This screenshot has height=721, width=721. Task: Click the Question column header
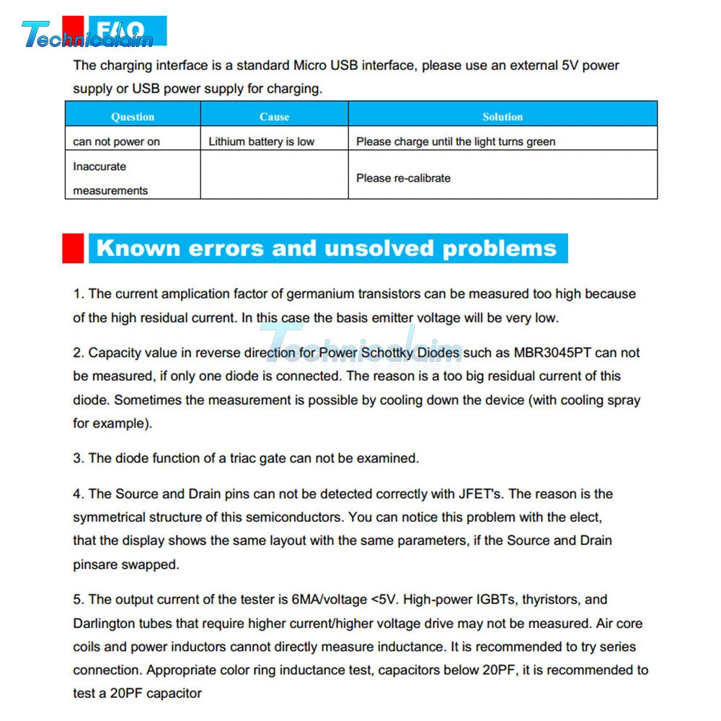pyautogui.click(x=133, y=116)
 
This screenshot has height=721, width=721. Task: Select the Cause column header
pyautogui.click(x=274, y=116)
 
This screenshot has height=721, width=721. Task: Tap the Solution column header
pyautogui.click(x=503, y=116)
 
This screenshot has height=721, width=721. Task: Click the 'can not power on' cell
pyautogui.click(x=117, y=141)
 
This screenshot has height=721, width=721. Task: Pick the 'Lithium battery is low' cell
pyautogui.click(x=262, y=141)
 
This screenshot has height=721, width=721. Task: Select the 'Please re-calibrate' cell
pyautogui.click(x=403, y=178)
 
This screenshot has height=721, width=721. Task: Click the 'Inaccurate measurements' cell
pyautogui.click(x=110, y=178)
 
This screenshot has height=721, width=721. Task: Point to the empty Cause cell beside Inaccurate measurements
pyautogui.click(x=274, y=175)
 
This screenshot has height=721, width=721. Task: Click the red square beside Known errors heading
pyautogui.click(x=74, y=248)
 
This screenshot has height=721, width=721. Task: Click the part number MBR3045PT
pyautogui.click(x=557, y=353)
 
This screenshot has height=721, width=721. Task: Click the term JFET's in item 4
pyautogui.click(x=482, y=494)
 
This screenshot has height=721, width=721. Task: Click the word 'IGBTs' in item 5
pyautogui.click(x=497, y=599)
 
